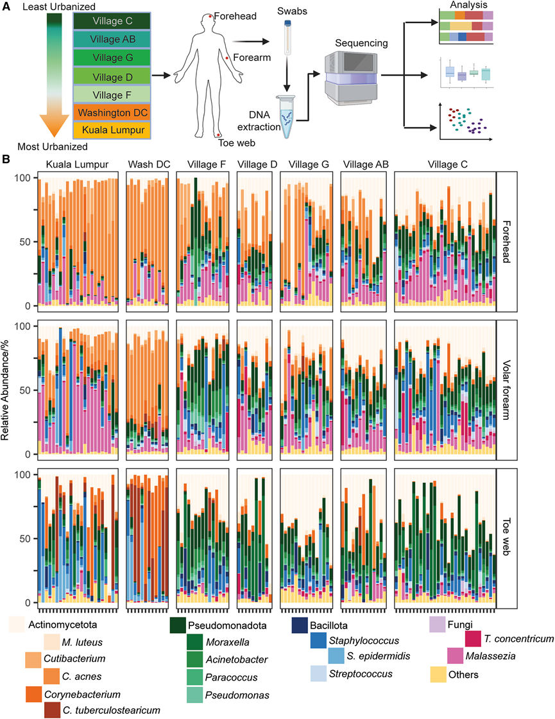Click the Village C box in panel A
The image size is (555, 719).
112,22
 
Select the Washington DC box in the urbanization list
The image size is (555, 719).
112,113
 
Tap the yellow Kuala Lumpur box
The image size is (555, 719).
112,131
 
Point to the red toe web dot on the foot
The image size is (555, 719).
219,135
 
